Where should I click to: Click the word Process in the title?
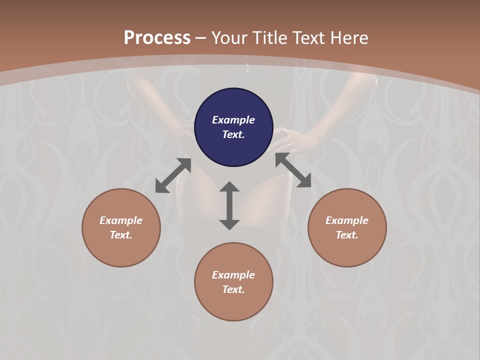pos(157,38)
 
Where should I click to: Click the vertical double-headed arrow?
pos(229,205)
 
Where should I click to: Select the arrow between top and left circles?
pos(173,175)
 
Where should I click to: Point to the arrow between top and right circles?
pos(293,170)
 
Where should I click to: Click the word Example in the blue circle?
pos(233,120)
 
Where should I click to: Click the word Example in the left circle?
pos(121,220)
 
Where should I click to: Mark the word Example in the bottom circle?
pos(233,275)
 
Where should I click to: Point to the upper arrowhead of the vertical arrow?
pos(229,187)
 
